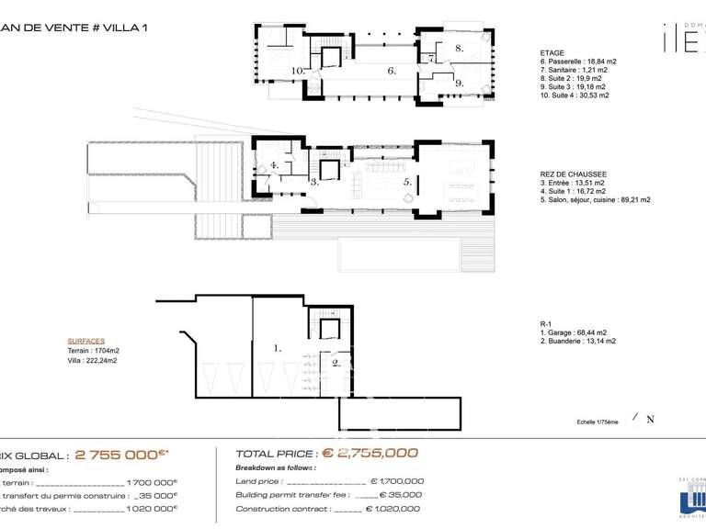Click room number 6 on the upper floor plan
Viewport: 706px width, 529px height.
(391, 70)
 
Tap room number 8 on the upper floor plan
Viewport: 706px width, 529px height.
(459, 47)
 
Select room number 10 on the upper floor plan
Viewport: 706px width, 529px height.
(297, 70)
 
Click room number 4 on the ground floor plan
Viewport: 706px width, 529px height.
(274, 166)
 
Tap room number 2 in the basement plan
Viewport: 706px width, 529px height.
(336, 363)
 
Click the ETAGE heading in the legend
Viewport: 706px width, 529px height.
(552, 53)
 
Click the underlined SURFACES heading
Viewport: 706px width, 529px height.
(86, 340)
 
